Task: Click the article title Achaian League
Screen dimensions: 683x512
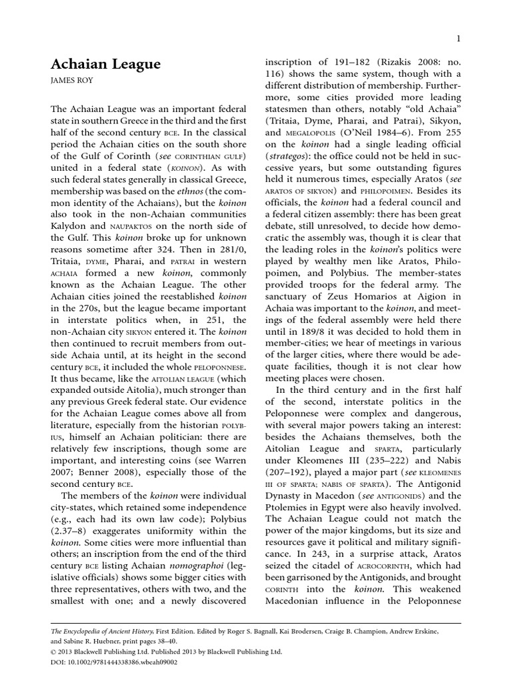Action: [x=105, y=64]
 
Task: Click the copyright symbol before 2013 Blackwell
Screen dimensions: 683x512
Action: [x=54, y=652]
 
